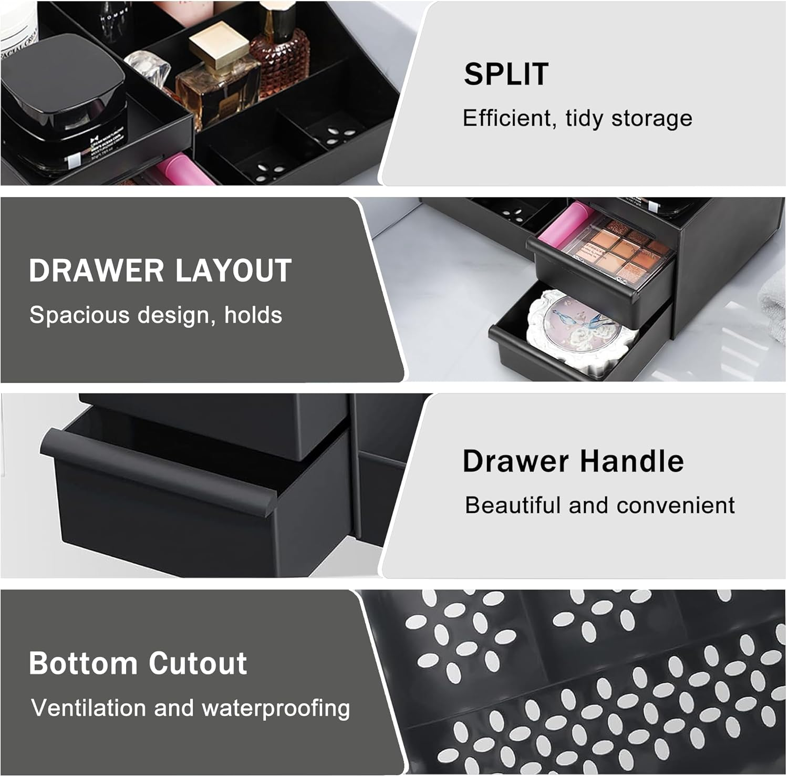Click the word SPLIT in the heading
[x=506, y=74]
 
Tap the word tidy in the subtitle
[x=584, y=119]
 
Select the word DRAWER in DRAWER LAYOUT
[x=96, y=271]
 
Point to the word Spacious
[x=79, y=316]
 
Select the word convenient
[x=675, y=505]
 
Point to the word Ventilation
[x=88, y=708]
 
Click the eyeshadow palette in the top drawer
[x=625, y=247]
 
